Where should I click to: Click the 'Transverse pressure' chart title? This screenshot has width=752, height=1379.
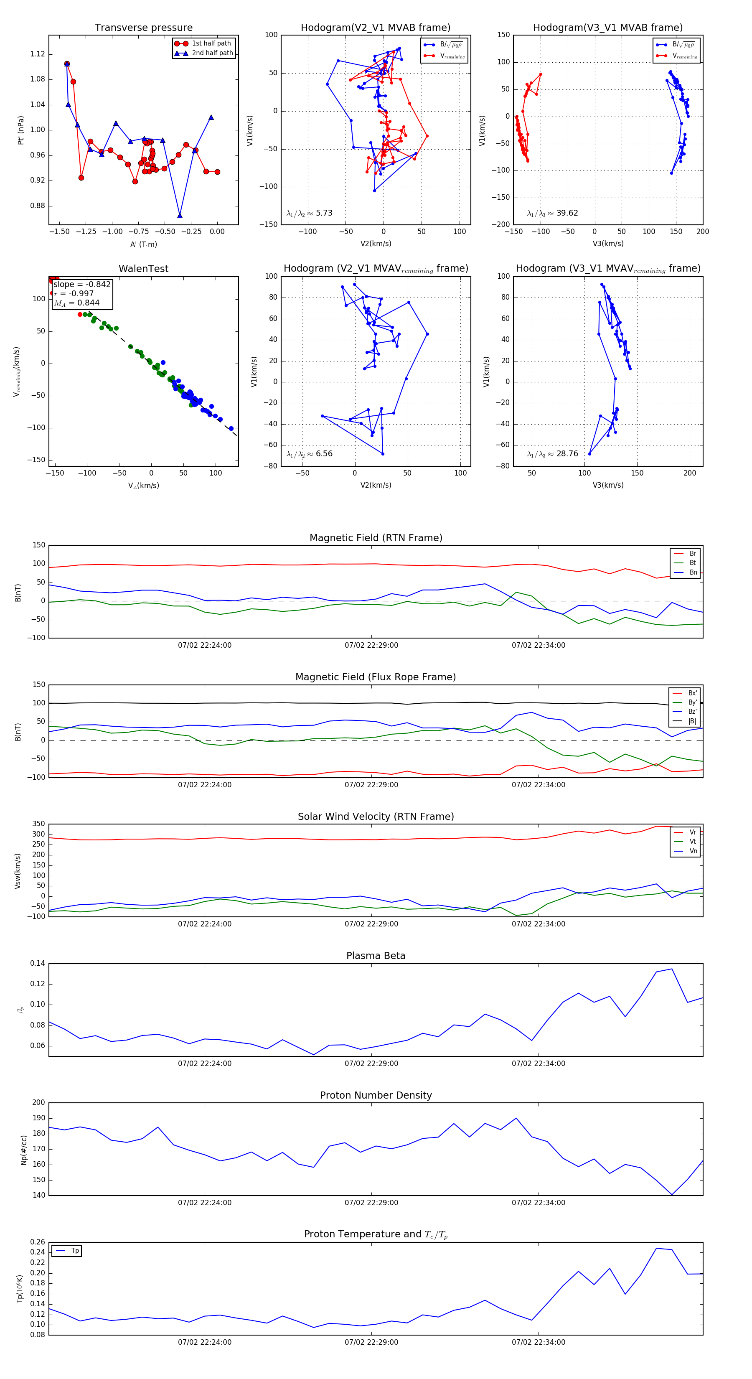click(x=143, y=28)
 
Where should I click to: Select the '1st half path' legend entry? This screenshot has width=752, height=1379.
click(x=211, y=43)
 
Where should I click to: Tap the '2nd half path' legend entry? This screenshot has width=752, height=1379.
click(x=212, y=53)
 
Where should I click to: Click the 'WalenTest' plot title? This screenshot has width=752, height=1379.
click(x=143, y=269)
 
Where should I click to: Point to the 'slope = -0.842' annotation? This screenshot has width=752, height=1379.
click(x=82, y=284)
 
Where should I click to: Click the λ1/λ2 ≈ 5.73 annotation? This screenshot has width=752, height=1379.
click(x=309, y=213)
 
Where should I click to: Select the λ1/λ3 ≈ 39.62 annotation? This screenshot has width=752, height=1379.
click(x=552, y=213)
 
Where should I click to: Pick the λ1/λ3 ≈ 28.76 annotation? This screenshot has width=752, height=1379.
click(x=552, y=454)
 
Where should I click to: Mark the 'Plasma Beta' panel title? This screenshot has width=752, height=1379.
click(x=376, y=956)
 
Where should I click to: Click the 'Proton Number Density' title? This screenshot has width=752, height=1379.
click(x=376, y=1095)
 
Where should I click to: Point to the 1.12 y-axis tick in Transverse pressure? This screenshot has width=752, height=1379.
click(x=38, y=54)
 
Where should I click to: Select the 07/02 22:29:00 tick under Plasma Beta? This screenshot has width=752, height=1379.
click(x=371, y=1063)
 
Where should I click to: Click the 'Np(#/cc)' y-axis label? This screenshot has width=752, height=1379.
click(x=23, y=1150)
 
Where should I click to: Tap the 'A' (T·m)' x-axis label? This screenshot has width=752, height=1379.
click(x=143, y=244)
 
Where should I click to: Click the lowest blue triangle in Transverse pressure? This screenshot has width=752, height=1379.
click(x=180, y=216)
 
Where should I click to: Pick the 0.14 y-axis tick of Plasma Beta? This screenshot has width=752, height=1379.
click(x=38, y=963)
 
